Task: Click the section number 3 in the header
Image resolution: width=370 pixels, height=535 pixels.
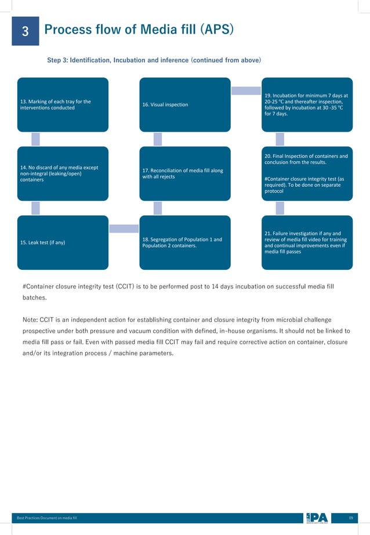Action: [x=26, y=32]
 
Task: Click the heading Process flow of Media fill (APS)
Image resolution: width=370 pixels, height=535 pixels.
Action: [x=139, y=30]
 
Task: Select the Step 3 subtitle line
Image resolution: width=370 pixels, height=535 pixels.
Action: [x=154, y=60]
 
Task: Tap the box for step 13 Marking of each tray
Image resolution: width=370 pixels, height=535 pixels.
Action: [x=63, y=104]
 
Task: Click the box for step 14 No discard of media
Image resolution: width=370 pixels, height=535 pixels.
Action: [x=63, y=173]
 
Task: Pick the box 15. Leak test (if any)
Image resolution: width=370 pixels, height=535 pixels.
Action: [x=63, y=242]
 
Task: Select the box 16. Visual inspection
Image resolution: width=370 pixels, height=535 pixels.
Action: [x=185, y=104]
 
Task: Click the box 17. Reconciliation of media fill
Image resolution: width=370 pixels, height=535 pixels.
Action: [x=185, y=173]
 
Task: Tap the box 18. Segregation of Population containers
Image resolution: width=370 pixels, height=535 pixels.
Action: [x=185, y=242]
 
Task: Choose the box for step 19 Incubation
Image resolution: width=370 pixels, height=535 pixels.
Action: [x=307, y=104]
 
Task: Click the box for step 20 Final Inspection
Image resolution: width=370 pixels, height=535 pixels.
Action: [x=307, y=173]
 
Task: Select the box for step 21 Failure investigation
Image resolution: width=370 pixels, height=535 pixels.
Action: [x=307, y=242]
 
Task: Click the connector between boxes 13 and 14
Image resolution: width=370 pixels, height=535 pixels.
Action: [x=35, y=139]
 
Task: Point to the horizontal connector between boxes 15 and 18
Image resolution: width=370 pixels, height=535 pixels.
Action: [x=124, y=229]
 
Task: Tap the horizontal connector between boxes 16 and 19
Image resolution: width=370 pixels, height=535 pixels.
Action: [x=246, y=91]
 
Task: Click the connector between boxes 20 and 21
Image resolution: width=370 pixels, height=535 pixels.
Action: [x=280, y=208]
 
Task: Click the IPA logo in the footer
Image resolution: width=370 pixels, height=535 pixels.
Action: [x=317, y=518]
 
